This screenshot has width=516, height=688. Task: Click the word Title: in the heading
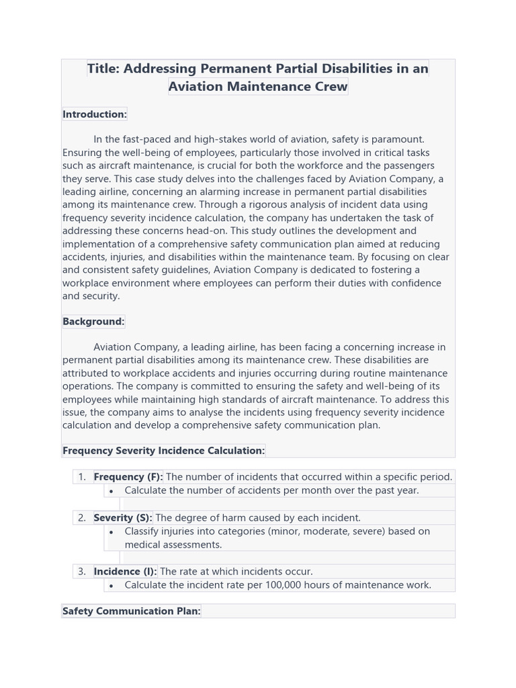[x=104, y=69]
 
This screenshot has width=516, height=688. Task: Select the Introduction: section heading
[x=95, y=114]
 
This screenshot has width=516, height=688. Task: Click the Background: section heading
[x=93, y=321]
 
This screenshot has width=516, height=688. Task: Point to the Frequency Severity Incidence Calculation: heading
[x=163, y=450]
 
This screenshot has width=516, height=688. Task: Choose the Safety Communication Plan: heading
[x=131, y=611]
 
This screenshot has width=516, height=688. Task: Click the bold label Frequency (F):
[x=128, y=476]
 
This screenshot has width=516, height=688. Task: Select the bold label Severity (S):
[x=123, y=517]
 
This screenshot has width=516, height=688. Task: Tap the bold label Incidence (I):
[x=125, y=571]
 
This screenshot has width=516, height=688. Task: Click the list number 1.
[x=81, y=476]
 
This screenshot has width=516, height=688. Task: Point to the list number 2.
[x=81, y=517]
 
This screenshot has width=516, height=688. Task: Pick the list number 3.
[x=81, y=571]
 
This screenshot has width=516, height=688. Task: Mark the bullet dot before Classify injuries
[x=111, y=531]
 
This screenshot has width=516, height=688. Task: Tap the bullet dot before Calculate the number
[x=111, y=490]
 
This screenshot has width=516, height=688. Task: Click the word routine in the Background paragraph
[x=355, y=373]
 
